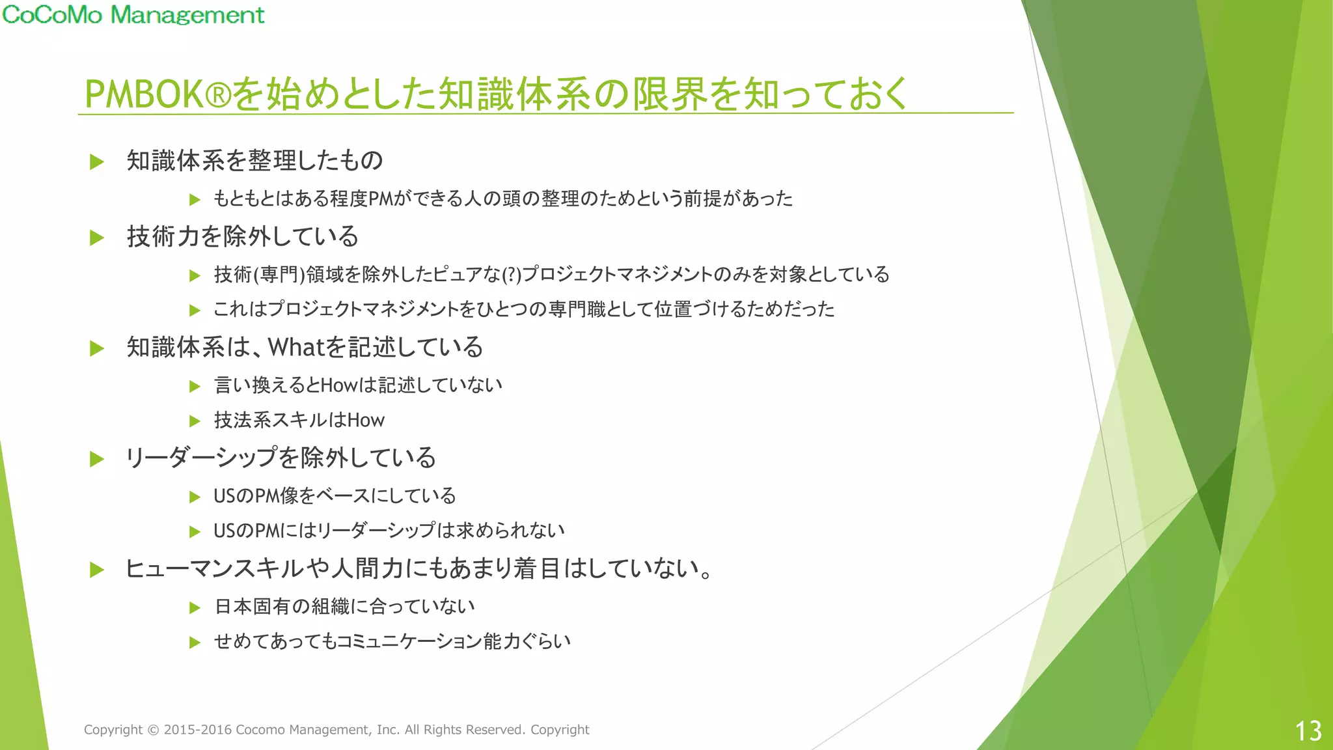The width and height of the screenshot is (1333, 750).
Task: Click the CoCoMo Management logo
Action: point(133,14)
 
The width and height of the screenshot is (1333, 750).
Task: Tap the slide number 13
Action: point(1308,731)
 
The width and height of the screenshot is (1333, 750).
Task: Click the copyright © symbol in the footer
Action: point(153,730)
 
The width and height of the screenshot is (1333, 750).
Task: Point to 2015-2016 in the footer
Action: point(198,730)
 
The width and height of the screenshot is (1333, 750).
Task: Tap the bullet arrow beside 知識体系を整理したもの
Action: point(97,161)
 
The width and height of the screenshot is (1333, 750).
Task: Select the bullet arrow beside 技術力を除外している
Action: point(97,238)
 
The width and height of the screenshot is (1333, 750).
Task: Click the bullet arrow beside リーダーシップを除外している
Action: point(97,459)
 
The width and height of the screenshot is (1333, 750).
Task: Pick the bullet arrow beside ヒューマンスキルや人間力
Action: point(97,570)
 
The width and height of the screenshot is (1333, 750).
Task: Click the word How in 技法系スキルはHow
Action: point(366,421)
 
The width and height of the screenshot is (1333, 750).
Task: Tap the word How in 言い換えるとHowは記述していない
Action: point(339,385)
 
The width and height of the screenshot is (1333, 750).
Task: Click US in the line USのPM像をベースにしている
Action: point(224,496)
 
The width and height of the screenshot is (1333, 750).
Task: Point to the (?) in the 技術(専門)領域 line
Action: point(512,275)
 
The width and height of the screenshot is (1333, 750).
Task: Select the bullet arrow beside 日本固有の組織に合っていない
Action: point(194,607)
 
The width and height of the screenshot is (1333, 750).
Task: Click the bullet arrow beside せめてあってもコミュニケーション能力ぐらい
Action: point(194,643)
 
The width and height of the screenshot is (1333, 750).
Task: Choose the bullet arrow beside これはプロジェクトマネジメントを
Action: point(194,310)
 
